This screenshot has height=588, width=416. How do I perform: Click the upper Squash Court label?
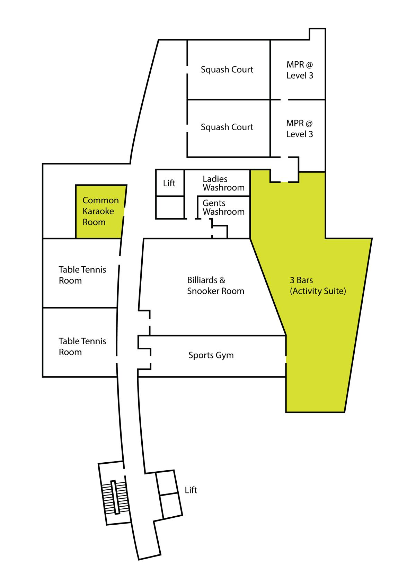point(227,70)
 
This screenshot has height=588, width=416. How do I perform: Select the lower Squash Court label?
point(227,127)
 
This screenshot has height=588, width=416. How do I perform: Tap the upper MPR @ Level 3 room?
point(300,70)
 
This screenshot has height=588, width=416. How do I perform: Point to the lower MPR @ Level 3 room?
point(300,128)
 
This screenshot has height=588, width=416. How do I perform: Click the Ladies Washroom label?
point(223,183)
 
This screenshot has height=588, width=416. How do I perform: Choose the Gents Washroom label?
point(223,207)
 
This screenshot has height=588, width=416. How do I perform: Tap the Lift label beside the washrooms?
point(169,183)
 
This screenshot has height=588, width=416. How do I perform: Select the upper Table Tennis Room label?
point(82,275)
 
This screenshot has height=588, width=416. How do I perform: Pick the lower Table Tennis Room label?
point(82,347)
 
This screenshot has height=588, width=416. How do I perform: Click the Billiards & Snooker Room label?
point(215,285)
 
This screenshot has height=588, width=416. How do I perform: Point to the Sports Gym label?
point(211,355)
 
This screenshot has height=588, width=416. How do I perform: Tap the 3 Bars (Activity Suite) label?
point(318,285)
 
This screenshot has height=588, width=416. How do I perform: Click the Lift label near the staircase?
point(191,490)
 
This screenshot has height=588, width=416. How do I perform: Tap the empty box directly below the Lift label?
point(170,207)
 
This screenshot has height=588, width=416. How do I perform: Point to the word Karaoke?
point(98,211)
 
